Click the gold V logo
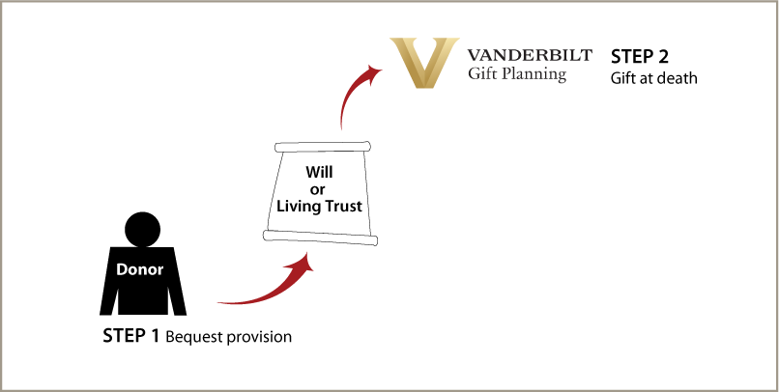pyautogui.click(x=424, y=63)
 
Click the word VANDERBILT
pyautogui.click(x=530, y=55)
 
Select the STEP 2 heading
pyautogui.click(x=640, y=57)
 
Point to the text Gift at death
pyautogui.click(x=653, y=78)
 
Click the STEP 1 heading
pyautogui.click(x=130, y=335)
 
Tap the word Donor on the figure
pyautogui.click(x=139, y=269)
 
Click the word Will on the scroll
pyautogui.click(x=319, y=172)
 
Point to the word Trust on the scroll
pyautogui.click(x=342, y=206)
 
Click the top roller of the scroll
pyautogui.click(x=324, y=147)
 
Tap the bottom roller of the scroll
pyautogui.click(x=321, y=238)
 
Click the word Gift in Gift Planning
pyautogui.click(x=481, y=73)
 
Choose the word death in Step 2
pyautogui.click(x=678, y=78)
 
